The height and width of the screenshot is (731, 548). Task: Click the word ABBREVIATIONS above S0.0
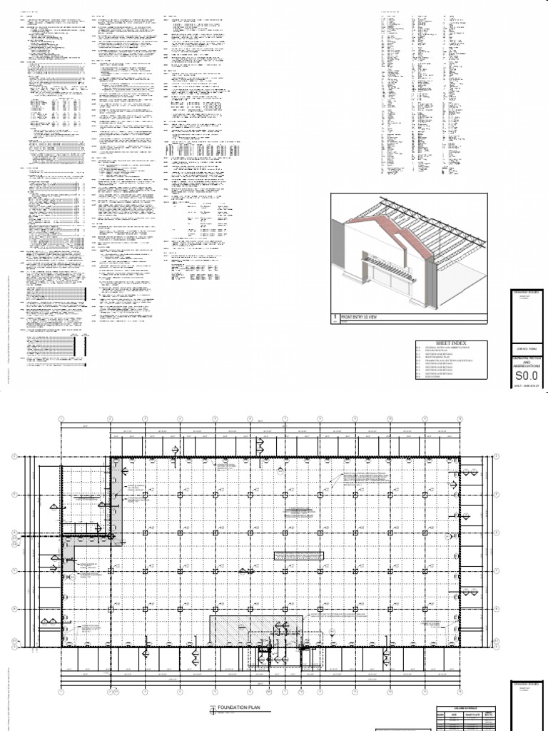point(524,365)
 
